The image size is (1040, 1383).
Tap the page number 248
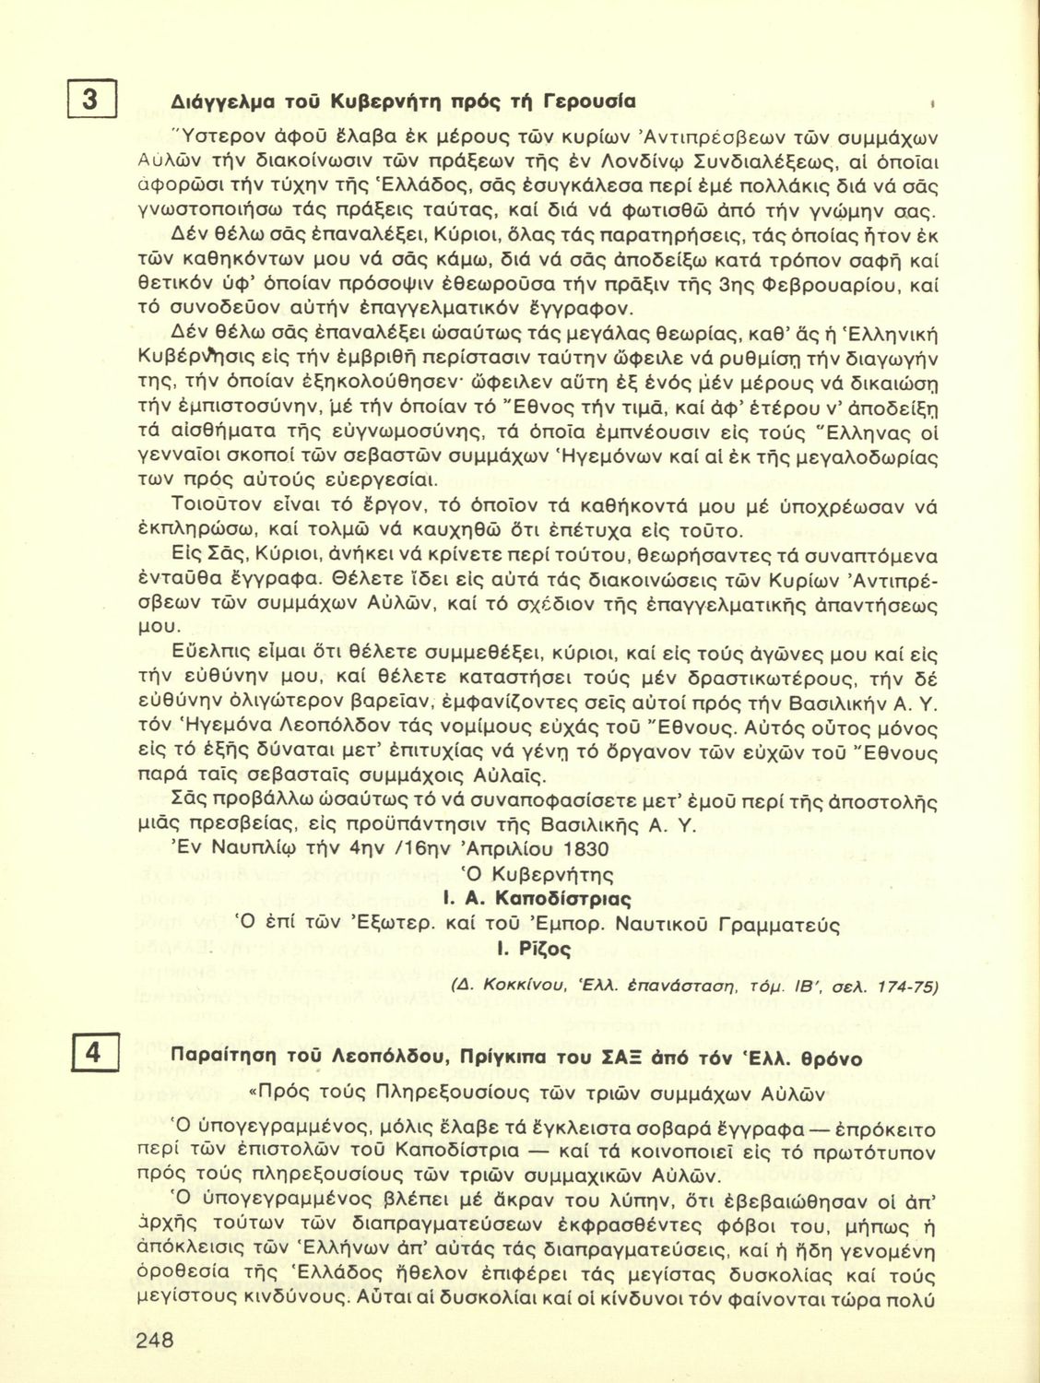click(x=155, y=1341)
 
